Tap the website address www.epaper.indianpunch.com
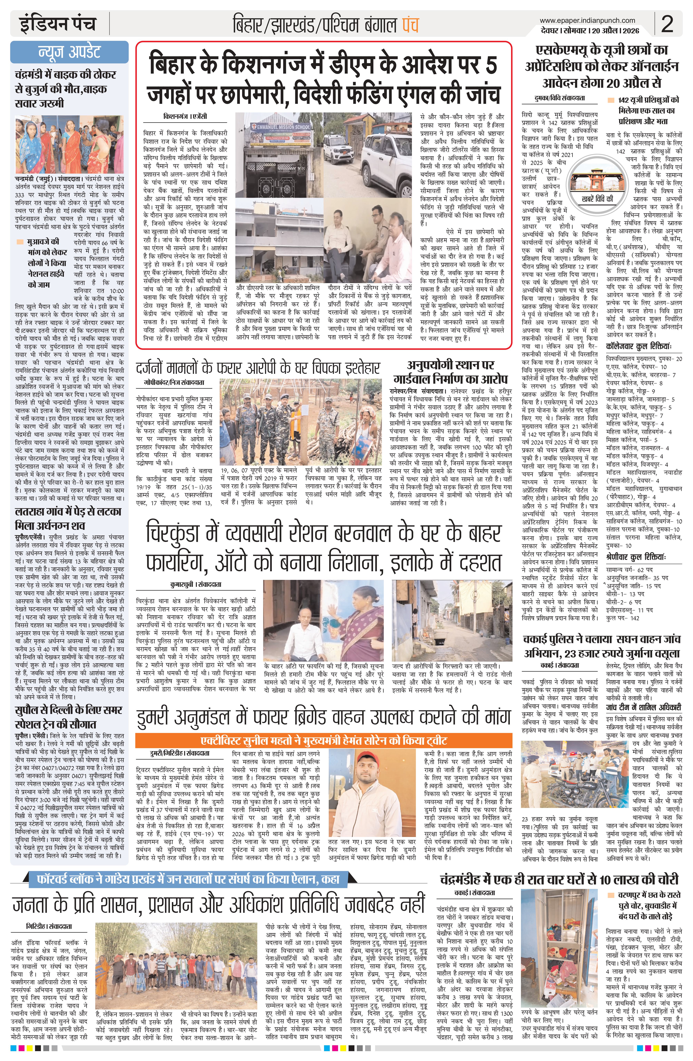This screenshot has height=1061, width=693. click(x=587, y=20)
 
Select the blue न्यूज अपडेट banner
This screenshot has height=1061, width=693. click(x=69, y=53)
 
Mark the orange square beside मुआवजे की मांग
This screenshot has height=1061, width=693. click(x=19, y=242)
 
